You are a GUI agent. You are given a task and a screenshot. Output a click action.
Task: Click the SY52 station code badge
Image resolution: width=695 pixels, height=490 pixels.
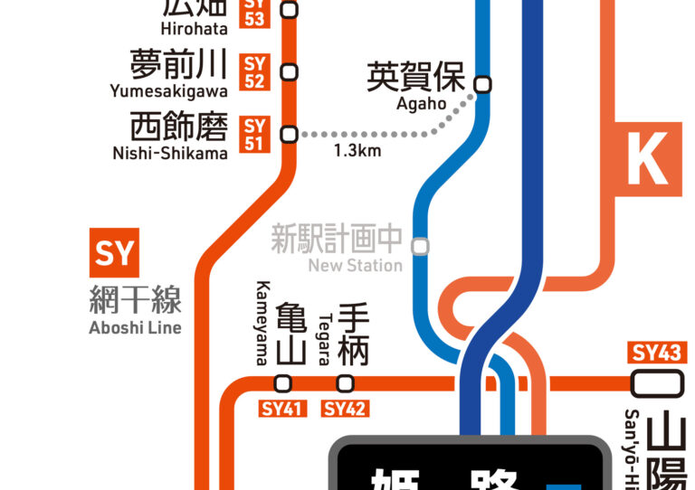[x=255, y=71]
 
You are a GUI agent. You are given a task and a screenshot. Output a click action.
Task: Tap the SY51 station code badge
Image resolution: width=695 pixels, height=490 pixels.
[x=255, y=134]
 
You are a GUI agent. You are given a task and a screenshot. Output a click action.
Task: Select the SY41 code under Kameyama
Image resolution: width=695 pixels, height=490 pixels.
[x=282, y=409]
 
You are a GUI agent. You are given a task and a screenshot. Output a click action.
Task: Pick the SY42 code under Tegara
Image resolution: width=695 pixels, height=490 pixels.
[x=345, y=409]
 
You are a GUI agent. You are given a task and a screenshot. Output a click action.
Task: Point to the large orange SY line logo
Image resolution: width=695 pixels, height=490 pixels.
[x=114, y=253]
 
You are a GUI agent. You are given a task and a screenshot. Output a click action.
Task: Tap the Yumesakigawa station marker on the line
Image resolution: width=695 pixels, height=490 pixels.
[x=290, y=71]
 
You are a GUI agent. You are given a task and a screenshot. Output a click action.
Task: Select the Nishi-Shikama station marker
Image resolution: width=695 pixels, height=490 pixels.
[x=290, y=135]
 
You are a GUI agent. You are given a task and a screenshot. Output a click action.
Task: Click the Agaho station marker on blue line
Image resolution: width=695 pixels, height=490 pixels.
[x=483, y=84]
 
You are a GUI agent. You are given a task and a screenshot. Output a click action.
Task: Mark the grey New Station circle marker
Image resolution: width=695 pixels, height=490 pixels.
[x=420, y=245]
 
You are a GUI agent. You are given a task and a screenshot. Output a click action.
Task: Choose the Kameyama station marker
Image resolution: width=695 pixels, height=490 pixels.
[x=282, y=382]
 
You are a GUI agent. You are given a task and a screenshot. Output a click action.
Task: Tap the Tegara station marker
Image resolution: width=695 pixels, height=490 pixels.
[x=345, y=382]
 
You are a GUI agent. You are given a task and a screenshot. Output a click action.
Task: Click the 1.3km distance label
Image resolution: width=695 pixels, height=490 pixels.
[x=357, y=151]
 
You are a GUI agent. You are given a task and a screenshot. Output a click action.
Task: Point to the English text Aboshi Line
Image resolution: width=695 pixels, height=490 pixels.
[x=135, y=327]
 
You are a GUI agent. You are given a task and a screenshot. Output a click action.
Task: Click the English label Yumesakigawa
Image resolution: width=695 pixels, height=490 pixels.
[x=168, y=90]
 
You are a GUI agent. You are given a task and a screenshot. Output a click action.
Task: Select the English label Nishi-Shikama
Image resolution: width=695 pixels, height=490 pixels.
[x=170, y=153]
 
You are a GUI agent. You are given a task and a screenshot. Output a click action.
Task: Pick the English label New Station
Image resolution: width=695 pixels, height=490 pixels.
[x=355, y=266]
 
